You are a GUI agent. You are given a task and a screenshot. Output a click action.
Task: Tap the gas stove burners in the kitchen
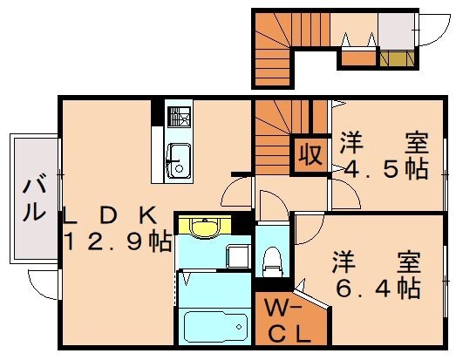pyautogui.click(x=180, y=117)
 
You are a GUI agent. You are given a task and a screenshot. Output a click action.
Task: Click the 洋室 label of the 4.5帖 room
pyautogui.click(x=384, y=140)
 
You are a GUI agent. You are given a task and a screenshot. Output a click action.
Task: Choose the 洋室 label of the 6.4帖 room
pyautogui.click(x=376, y=261)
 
